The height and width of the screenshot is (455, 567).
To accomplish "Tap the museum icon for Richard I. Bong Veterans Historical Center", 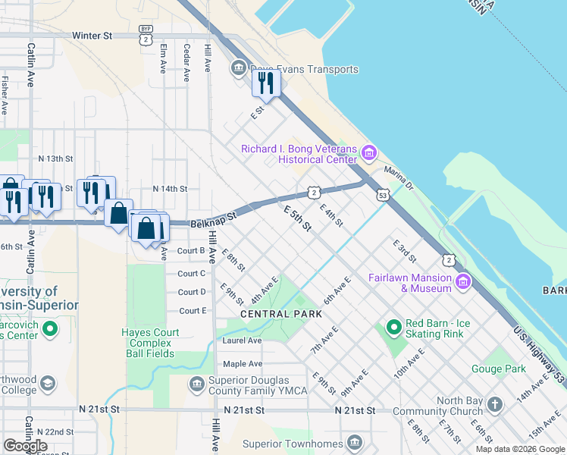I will (x=369, y=154).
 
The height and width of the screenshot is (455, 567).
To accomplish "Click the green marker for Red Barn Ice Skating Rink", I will (x=393, y=328).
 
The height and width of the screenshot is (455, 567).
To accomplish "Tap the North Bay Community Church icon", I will (x=495, y=403).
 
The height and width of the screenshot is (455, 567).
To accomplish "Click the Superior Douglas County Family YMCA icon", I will (x=196, y=384).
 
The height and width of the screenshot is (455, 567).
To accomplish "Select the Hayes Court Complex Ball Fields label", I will (x=151, y=343).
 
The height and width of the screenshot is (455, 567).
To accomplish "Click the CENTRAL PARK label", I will (x=276, y=314).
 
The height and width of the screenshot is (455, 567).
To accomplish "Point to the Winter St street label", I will (x=92, y=36).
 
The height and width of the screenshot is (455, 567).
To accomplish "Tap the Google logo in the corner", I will (x=25, y=446).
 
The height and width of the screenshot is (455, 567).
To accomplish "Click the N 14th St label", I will (x=169, y=188).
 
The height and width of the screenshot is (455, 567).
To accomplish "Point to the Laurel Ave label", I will (x=243, y=340).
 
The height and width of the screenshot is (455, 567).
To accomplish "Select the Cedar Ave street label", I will (x=186, y=58).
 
